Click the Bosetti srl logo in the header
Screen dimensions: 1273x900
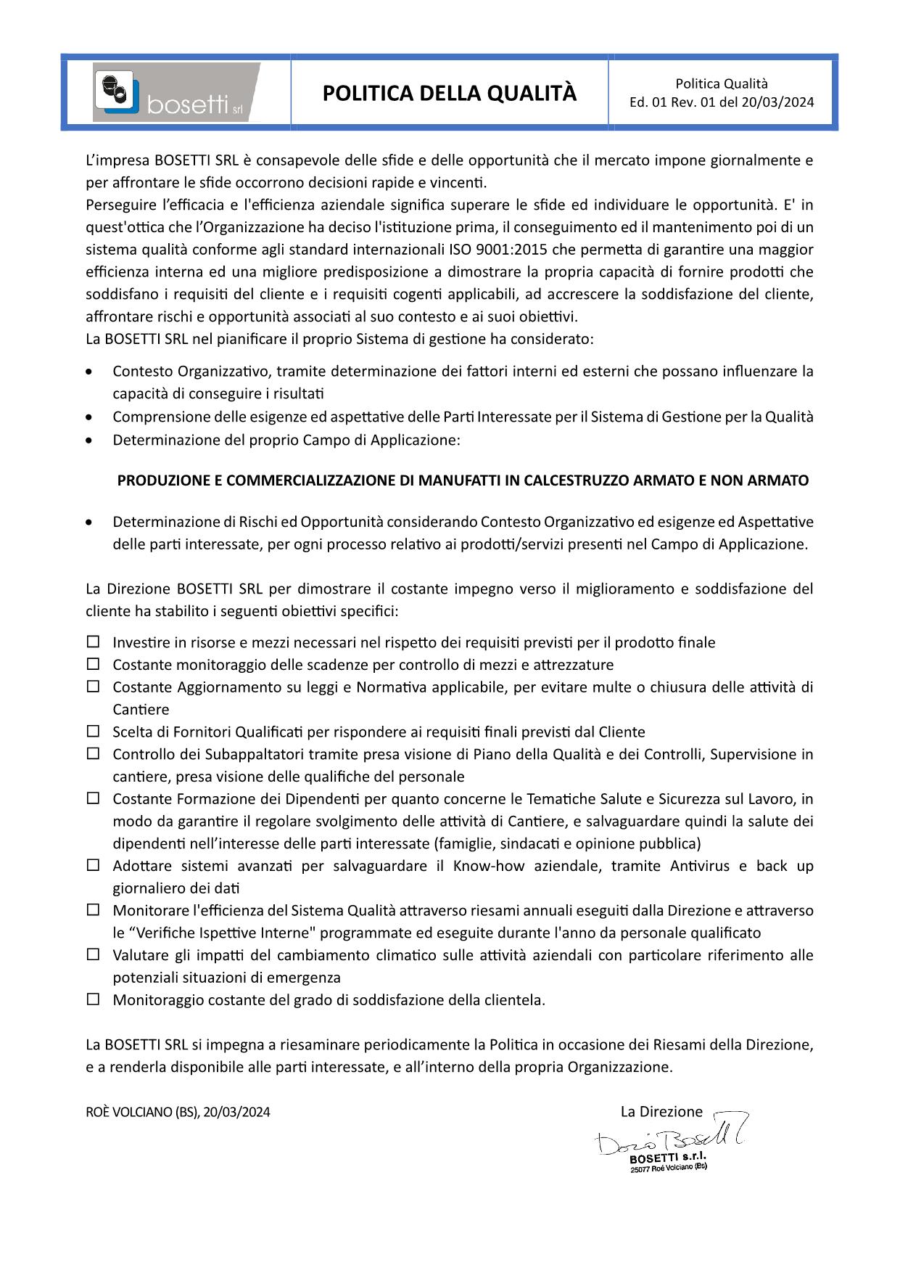[x=176, y=92]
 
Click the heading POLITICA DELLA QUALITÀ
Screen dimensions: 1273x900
[x=450, y=94]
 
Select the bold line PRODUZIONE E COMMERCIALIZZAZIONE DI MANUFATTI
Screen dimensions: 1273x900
[x=463, y=480]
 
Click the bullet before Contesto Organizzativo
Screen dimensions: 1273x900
[x=88, y=372]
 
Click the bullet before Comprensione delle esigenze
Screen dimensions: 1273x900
[x=88, y=417]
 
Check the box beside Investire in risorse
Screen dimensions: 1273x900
[x=93, y=642]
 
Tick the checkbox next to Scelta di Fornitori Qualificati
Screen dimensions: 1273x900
[x=93, y=731]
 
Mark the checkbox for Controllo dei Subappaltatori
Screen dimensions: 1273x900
[x=93, y=753]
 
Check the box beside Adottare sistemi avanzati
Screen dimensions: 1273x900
[x=93, y=865]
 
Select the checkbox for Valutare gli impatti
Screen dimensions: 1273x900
[x=93, y=954]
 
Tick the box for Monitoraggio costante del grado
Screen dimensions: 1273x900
[x=93, y=999]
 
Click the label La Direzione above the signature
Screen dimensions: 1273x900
[x=661, y=1111]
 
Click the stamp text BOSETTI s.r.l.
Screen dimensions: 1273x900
[x=667, y=1158]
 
